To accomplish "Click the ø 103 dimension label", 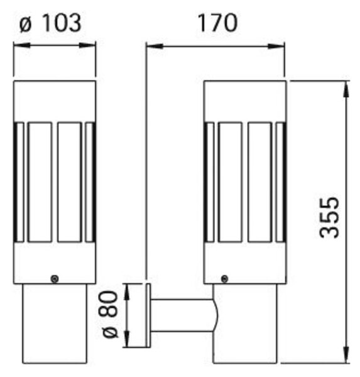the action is (50, 23).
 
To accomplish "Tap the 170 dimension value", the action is (217, 23).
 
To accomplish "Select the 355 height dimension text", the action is (329, 218).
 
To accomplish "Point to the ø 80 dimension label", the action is (111, 314).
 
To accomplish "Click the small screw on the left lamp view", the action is (55, 278).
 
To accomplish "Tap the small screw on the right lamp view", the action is (225, 278).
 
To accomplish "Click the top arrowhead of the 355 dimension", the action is (346, 89).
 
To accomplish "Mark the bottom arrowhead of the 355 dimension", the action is (346, 355).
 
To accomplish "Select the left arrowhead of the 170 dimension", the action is (155, 46).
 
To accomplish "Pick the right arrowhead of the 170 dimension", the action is (276, 46).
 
